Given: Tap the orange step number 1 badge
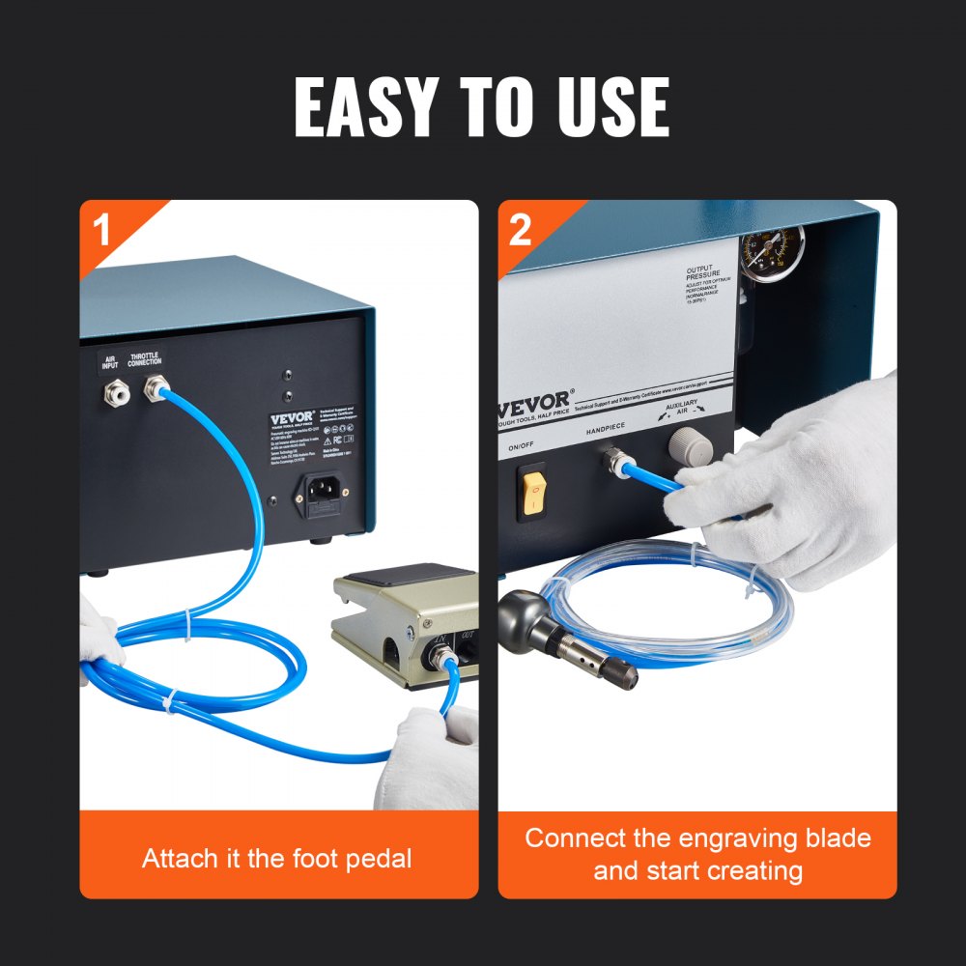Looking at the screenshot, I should (101, 230).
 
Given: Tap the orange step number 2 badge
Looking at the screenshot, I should (520, 230).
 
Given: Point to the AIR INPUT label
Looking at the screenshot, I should (110, 363).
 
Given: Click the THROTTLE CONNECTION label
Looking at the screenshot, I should (146, 363).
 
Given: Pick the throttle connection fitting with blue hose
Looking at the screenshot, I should (152, 390).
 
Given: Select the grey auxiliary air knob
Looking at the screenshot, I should (691, 447).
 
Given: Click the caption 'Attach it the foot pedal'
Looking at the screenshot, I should (278, 858).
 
